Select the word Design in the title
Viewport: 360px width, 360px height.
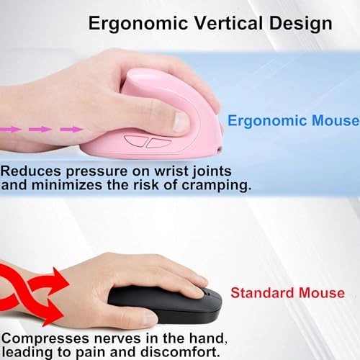pyautogui.click(x=296, y=23)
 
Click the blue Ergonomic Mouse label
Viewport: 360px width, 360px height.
pyautogui.click(x=292, y=120)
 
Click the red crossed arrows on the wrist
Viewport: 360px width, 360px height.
pyautogui.click(x=32, y=293)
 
